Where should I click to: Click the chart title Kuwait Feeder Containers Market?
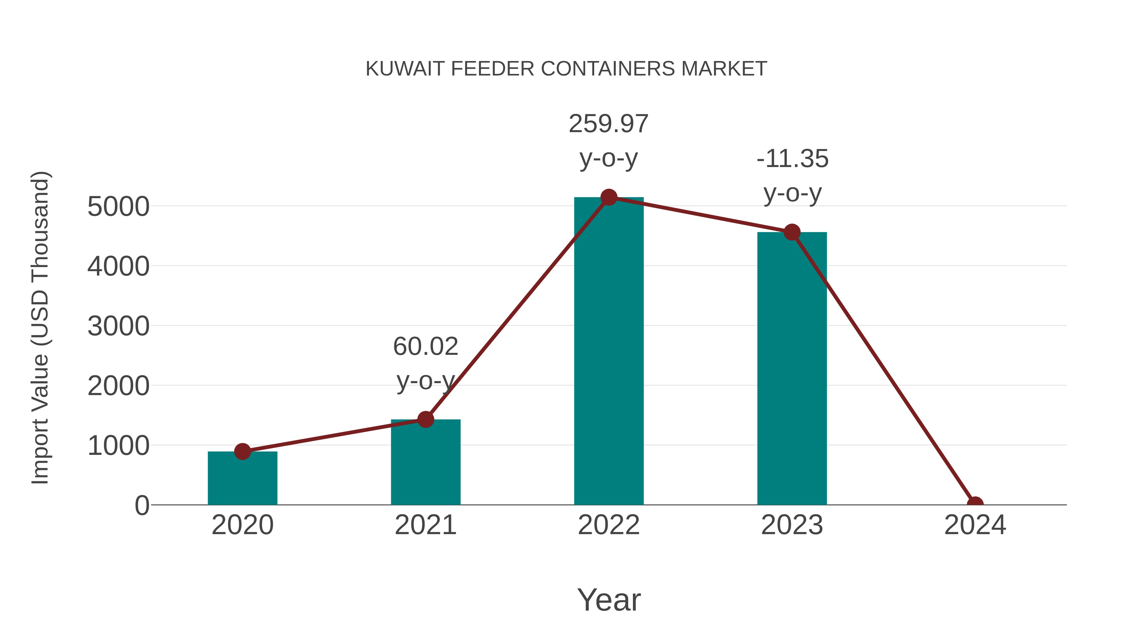[x=566, y=69]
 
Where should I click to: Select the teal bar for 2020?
[x=242, y=479]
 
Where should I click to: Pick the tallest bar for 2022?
[x=608, y=352]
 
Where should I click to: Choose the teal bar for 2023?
[x=792, y=369]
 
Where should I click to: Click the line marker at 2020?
[x=242, y=451]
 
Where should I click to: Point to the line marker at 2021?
[x=425, y=419]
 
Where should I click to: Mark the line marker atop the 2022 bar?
[x=609, y=197]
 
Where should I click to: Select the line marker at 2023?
[x=792, y=232]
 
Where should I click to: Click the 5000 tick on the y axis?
[x=118, y=207]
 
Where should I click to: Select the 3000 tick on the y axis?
[x=118, y=326]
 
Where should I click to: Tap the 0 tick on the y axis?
[x=142, y=506]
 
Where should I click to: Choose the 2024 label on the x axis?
[x=975, y=525]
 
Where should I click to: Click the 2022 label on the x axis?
[x=608, y=525]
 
